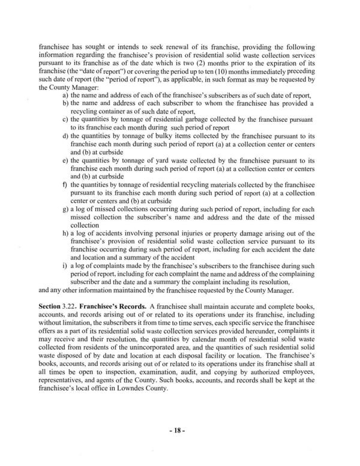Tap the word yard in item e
coord(146,161)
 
